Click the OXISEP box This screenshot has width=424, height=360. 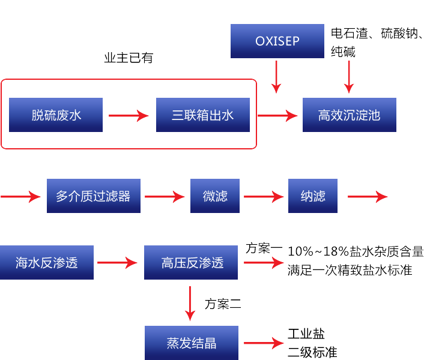[x=277, y=41]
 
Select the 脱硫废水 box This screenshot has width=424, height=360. [x=56, y=115]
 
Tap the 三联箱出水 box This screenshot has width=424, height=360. [x=202, y=115]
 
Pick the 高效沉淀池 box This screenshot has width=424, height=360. [x=349, y=115]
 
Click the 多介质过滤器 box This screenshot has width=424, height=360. [x=93, y=196]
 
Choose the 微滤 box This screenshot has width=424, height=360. [x=215, y=196]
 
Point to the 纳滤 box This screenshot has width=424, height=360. [x=312, y=196]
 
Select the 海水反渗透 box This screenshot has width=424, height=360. [x=47, y=262]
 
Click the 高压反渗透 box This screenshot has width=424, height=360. [x=191, y=262]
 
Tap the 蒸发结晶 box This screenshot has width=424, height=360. [x=191, y=343]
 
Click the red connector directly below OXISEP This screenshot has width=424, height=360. [x=276, y=77]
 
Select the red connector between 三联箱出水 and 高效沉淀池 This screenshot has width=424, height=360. [x=277, y=115]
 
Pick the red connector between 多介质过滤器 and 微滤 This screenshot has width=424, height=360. [x=165, y=197]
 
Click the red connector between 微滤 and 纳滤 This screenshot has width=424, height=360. [x=264, y=197]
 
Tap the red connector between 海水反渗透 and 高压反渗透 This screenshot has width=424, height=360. [x=118, y=263]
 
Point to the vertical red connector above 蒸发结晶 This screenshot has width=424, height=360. [x=190, y=304]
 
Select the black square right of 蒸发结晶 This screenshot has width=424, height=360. [x=312, y=343]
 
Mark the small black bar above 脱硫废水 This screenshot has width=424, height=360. [x=129, y=58]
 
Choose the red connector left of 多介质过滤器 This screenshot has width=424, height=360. [x=21, y=197]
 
